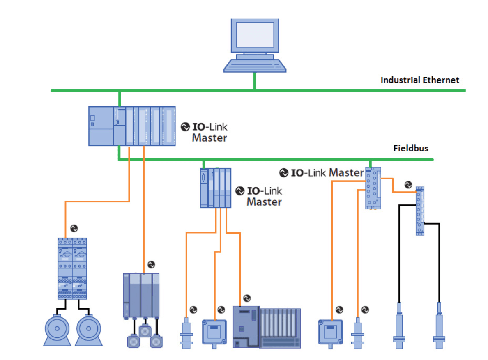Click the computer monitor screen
[x=254, y=34]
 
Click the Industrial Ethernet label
[x=419, y=80]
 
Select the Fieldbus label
[x=410, y=148]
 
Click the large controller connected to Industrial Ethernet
[x=132, y=126]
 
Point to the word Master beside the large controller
[x=209, y=138]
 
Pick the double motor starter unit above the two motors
[x=72, y=268]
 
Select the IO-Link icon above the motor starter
[x=74, y=228]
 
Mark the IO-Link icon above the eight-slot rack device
[x=247, y=298]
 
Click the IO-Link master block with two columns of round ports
[x=373, y=188]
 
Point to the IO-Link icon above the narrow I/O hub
[x=408, y=185]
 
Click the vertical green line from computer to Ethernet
[x=255, y=82]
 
